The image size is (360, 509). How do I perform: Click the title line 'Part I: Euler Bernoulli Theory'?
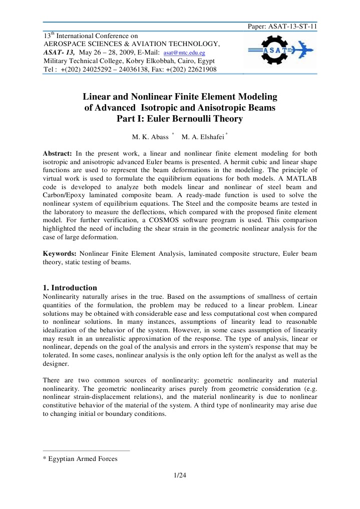[179, 119]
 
